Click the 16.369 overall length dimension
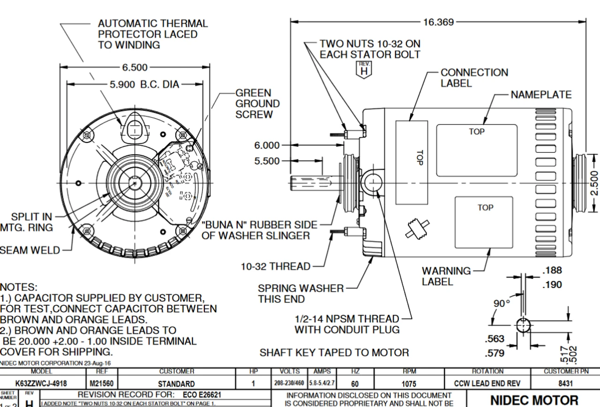(438, 22)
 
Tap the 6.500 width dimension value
(135, 68)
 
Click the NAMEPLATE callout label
(541, 95)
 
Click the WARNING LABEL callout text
(446, 276)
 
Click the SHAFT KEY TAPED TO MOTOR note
(334, 352)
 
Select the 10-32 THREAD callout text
(275, 266)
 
